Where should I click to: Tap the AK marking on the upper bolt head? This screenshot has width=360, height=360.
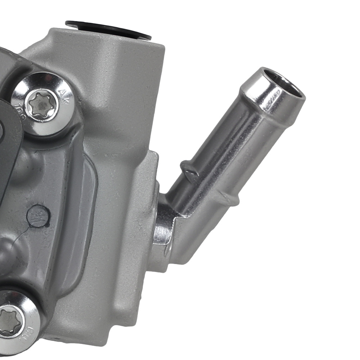pyautogui.click(x=65, y=97)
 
